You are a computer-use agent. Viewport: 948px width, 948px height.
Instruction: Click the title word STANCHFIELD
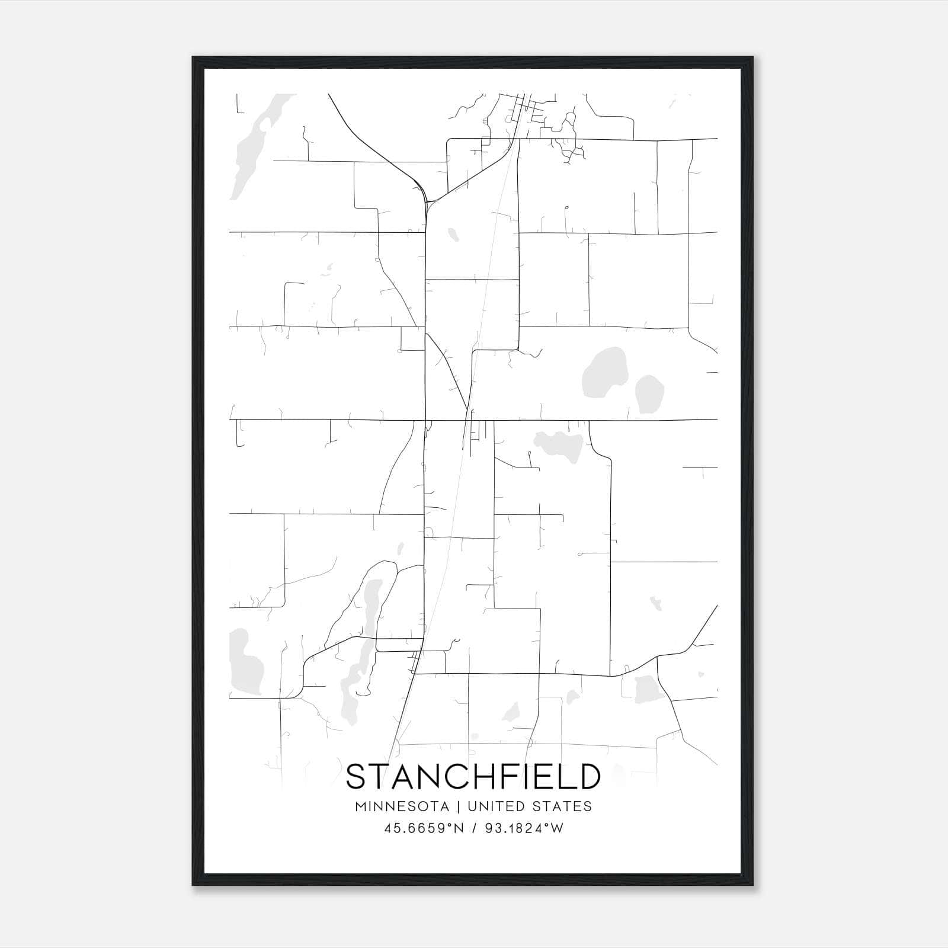point(473,777)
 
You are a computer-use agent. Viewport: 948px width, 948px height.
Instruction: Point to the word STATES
point(567,806)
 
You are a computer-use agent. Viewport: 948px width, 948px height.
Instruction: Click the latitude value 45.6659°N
point(424,828)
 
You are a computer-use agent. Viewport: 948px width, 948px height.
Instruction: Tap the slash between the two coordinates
point(474,828)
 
